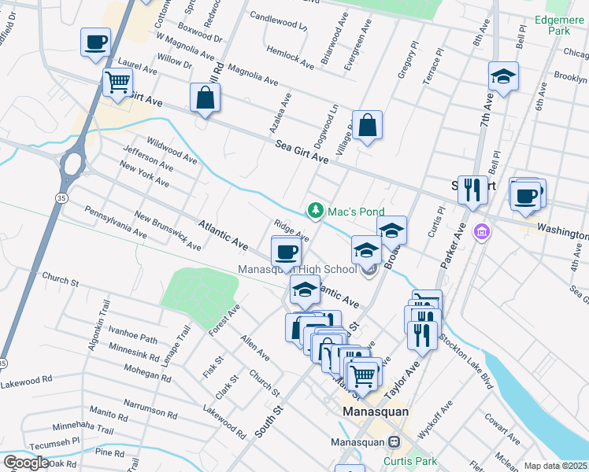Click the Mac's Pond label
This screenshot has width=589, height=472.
click(356, 212)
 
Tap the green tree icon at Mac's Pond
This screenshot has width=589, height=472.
click(315, 210)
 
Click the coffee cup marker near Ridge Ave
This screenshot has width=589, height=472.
click(286, 251)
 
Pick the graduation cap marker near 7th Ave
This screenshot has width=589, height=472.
click(503, 76)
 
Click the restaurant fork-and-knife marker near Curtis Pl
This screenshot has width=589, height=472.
click(472, 189)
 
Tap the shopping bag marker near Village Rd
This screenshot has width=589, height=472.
click(368, 124)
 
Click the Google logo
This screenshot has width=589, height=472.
click(26, 463)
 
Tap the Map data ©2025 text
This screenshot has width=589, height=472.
click(556, 466)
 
